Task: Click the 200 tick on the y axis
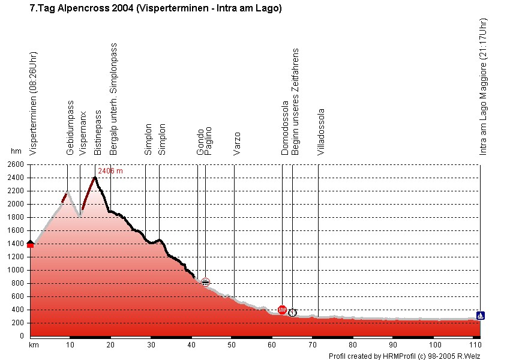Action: click(x=16, y=323)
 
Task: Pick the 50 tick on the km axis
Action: click(x=232, y=345)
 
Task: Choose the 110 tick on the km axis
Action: click(x=475, y=345)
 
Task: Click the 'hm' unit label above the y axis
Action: click(x=16, y=152)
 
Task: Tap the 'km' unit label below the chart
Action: click(x=34, y=345)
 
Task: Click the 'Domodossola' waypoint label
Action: click(x=285, y=132)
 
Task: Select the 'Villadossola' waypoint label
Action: click(x=321, y=132)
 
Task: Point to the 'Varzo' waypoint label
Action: click(x=237, y=143)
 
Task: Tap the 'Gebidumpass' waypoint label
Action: click(x=70, y=128)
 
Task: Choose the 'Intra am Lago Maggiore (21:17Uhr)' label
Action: click(x=483, y=87)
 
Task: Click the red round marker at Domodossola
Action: click(x=282, y=310)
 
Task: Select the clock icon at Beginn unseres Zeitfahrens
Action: click(x=292, y=313)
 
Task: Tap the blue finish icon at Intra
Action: click(x=481, y=315)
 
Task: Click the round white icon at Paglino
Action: click(x=205, y=282)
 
